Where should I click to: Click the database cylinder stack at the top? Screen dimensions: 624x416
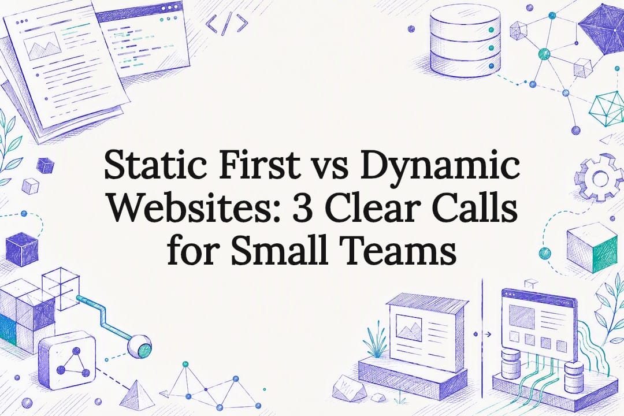(465, 40)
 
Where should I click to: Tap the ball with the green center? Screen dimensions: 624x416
(140, 346)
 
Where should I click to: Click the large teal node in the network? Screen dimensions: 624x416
(544, 54)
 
